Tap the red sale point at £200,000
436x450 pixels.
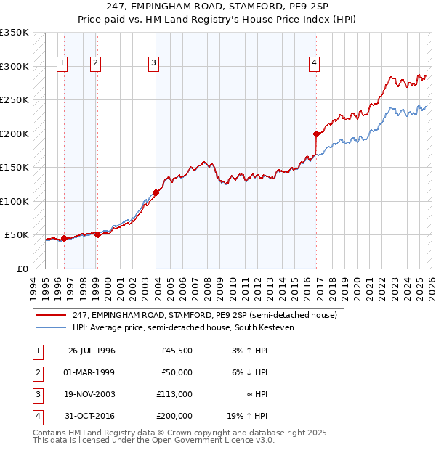pyautogui.click(x=316, y=134)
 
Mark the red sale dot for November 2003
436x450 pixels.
pyautogui.click(x=156, y=192)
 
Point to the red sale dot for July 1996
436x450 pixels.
pyautogui.click(x=64, y=238)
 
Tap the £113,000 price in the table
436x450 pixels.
pyautogui.click(x=174, y=394)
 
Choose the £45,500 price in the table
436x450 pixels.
pyautogui.click(x=177, y=351)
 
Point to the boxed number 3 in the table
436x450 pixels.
pyautogui.click(x=36, y=394)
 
